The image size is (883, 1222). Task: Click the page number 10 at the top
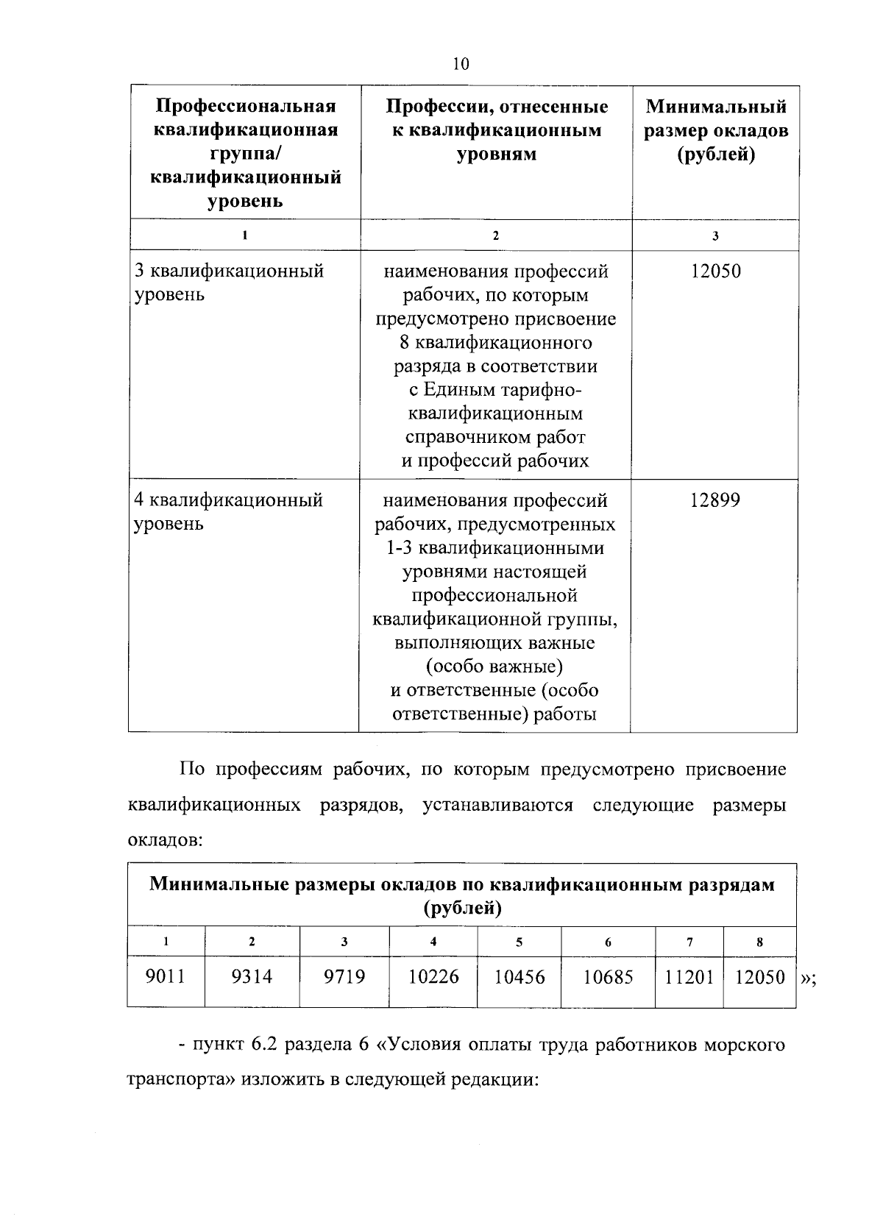pyautogui.click(x=461, y=64)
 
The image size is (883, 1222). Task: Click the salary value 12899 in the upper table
pyautogui.click(x=714, y=501)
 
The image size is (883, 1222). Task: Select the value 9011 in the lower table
pyautogui.click(x=166, y=976)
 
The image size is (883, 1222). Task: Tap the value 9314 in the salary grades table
pyautogui.click(x=252, y=976)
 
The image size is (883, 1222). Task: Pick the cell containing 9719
pyautogui.click(x=344, y=976)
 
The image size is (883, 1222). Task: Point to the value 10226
pyautogui.click(x=433, y=976)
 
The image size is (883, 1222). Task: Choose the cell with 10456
pyautogui.click(x=519, y=976)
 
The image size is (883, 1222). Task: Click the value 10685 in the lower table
pyautogui.click(x=608, y=976)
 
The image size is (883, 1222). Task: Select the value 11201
pyautogui.click(x=689, y=976)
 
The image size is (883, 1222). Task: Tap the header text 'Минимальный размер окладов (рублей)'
pyautogui.click(x=716, y=130)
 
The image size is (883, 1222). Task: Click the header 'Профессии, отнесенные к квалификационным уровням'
pyautogui.click(x=497, y=130)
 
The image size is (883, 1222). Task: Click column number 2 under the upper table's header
pyautogui.click(x=495, y=235)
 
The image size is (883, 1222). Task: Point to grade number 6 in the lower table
pyautogui.click(x=608, y=942)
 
